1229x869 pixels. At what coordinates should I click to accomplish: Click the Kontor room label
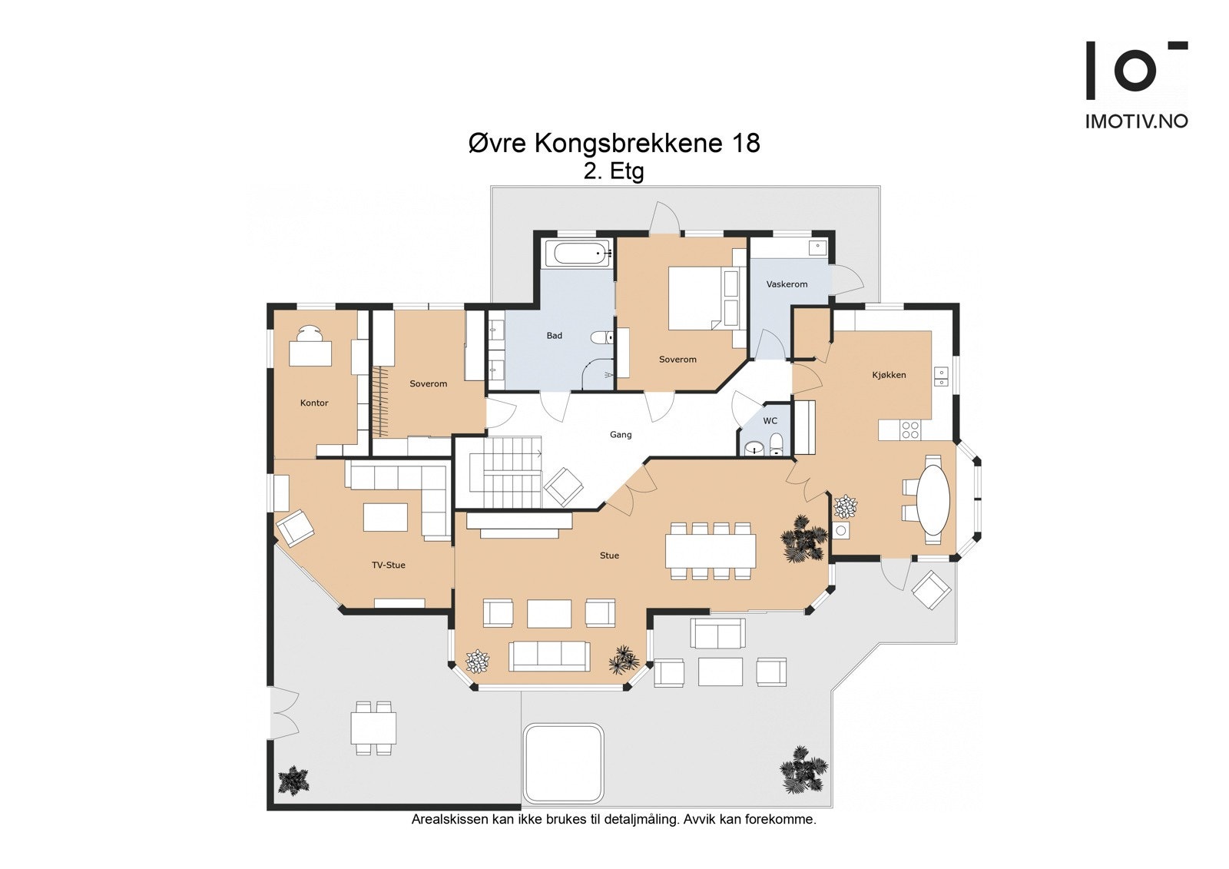[314, 403]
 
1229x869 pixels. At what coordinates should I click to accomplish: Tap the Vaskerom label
[787, 284]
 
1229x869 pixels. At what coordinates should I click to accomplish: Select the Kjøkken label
[889, 375]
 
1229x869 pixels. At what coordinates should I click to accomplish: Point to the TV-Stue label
[389, 565]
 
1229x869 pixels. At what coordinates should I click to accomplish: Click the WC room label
[770, 421]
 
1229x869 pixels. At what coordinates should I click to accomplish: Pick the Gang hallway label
[621, 435]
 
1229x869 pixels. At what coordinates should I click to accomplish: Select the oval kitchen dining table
[934, 499]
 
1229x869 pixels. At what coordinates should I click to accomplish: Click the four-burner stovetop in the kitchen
[910, 430]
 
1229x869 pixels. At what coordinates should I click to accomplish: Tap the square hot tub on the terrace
[564, 763]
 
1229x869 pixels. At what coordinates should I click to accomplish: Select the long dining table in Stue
[711, 551]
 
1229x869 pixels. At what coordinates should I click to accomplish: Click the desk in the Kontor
[310, 353]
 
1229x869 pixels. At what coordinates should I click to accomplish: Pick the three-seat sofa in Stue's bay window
[549, 657]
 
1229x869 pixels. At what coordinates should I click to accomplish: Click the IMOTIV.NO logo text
[1137, 122]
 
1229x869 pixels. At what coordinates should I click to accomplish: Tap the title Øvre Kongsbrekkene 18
[614, 143]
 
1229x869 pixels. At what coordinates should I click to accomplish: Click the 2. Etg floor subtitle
[614, 172]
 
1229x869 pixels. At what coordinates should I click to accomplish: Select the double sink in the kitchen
[941, 376]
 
